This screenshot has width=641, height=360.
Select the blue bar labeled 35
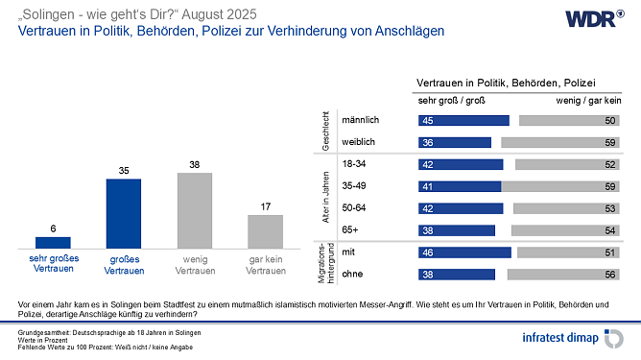point(123,213)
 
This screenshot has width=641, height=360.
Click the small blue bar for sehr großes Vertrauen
point(53,242)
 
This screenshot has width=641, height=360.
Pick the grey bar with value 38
point(194,210)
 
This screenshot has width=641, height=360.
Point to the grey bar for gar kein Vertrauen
point(265,231)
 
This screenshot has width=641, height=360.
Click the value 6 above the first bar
point(53,228)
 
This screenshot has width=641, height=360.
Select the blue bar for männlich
point(463,120)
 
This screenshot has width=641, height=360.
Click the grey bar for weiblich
point(562,142)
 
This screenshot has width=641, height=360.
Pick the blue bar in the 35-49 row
point(459,186)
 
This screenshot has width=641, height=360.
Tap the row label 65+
point(351,230)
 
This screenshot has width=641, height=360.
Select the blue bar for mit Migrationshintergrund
point(463,252)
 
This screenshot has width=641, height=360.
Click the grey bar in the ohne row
point(566,275)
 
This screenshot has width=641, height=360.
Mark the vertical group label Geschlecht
point(329,131)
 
